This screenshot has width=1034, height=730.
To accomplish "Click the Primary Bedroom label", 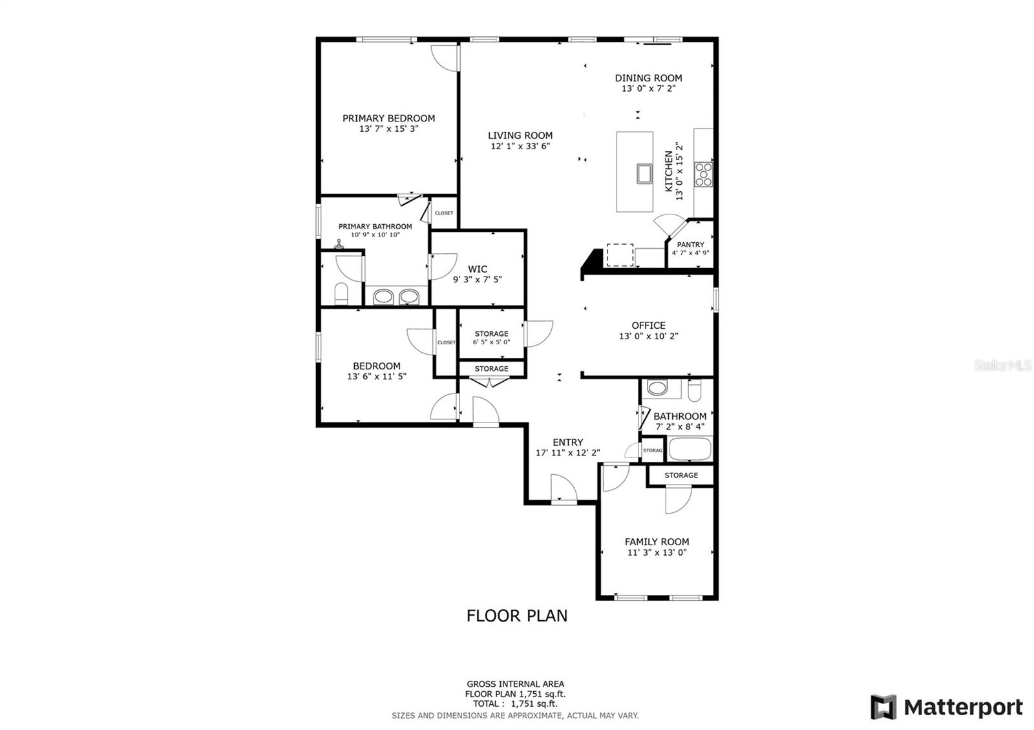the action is [388, 119].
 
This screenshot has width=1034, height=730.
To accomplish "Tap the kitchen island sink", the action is [644, 174].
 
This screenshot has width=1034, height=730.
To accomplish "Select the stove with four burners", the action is [704, 174].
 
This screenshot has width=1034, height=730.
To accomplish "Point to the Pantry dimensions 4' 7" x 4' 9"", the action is [691, 253].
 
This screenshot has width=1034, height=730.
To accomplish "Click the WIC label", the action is [478, 269].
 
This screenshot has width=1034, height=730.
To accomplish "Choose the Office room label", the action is [649, 326].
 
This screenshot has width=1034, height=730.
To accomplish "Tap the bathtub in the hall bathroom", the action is [690, 449].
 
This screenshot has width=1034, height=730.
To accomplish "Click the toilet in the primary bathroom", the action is [341, 294].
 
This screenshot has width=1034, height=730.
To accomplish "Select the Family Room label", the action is [657, 542].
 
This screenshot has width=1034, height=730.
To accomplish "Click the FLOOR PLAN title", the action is [517, 616].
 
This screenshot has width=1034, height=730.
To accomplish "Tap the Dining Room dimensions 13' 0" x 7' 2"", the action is [649, 89].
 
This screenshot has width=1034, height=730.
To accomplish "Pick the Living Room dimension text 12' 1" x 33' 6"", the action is [520, 146].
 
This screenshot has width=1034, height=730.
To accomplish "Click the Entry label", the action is [568, 443].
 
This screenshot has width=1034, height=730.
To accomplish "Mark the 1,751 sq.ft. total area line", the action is [515, 704].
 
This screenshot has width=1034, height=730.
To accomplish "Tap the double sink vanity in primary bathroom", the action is [396, 296].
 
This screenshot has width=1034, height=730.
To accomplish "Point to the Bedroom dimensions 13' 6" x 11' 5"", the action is [377, 377].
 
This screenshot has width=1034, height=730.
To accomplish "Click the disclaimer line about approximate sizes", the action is [515, 716].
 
